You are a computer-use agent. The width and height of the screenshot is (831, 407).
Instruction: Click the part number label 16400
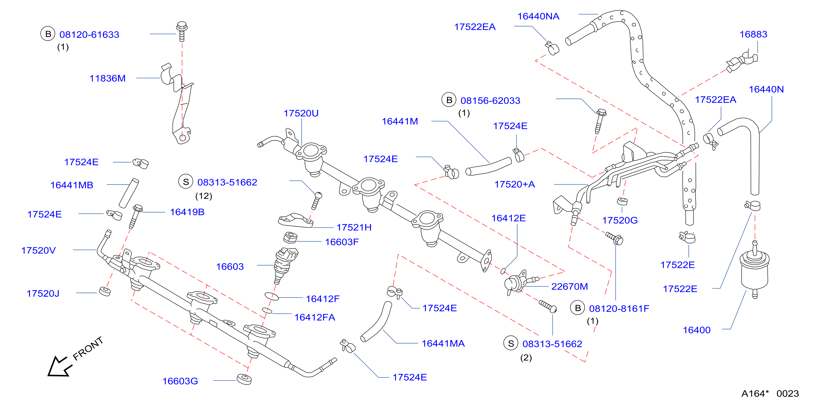(x=697, y=330)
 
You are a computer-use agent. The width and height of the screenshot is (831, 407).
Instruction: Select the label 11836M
(x=108, y=78)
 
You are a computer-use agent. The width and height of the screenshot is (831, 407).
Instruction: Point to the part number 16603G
(x=180, y=381)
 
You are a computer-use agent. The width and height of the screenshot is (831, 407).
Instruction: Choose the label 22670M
(x=569, y=286)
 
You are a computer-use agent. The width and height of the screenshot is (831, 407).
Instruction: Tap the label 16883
(x=753, y=34)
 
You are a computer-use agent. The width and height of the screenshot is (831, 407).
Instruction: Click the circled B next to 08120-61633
(x=48, y=34)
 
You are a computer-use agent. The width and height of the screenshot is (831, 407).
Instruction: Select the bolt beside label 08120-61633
(x=182, y=32)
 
